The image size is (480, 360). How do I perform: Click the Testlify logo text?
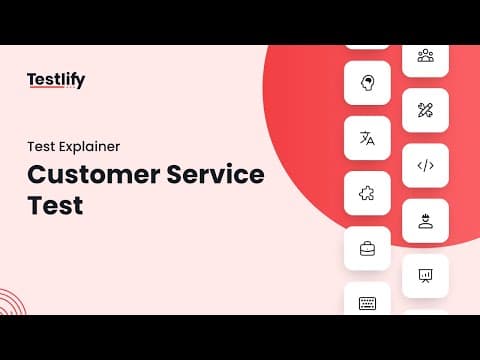tap(56, 80)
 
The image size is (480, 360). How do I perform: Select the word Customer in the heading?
tap(94, 174)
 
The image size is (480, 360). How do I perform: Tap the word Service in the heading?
tap(215, 174)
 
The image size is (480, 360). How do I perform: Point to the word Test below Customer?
tap(55, 205)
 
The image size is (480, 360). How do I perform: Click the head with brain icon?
tap(367, 83)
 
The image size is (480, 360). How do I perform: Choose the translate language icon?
tap(367, 138)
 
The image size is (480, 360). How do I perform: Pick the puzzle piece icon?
tap(367, 193)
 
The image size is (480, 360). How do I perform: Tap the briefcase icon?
tap(367, 249)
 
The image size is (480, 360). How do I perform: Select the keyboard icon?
tap(367, 303)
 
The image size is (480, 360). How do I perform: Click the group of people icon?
tap(426, 55)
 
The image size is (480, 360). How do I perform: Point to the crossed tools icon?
tap(425, 110)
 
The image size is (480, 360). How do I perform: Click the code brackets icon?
tap(426, 165)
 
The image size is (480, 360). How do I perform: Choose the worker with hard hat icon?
tap(425, 221)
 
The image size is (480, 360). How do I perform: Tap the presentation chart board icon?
tap(425, 276)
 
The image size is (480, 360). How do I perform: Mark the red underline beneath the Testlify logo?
tap(47, 87)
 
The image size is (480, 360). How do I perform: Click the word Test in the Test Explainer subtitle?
tap(42, 147)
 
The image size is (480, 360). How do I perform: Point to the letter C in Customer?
tap(38, 174)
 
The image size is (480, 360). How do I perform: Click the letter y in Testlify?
tap(80, 82)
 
